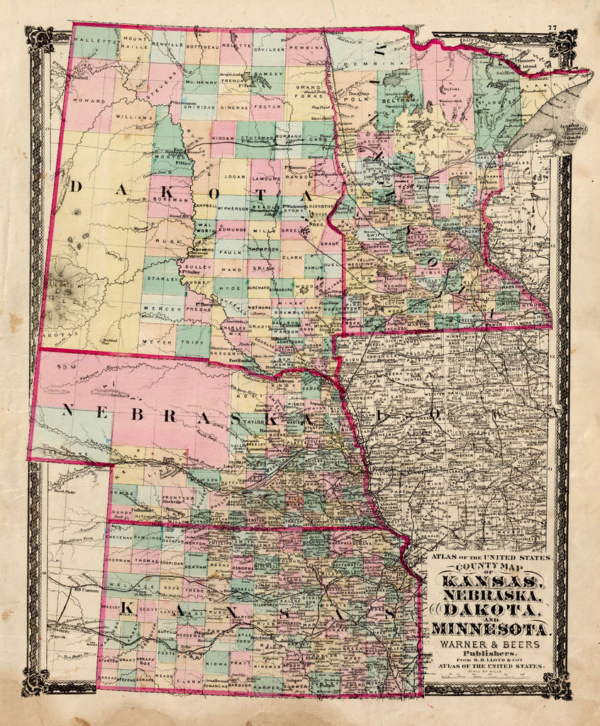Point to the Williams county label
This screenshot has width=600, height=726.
pyautogui.click(x=135, y=116)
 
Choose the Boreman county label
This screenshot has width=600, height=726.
pyautogui.click(x=170, y=201)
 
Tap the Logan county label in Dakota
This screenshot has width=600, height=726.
pyautogui.click(x=234, y=181)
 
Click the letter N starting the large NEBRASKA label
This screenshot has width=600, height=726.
pyautogui.click(x=69, y=410)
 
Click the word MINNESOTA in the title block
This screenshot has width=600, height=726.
pyautogui.click(x=489, y=628)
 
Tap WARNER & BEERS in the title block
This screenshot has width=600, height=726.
pyautogui.click(x=489, y=644)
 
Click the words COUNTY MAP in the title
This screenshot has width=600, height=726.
pyautogui.click(x=489, y=568)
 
